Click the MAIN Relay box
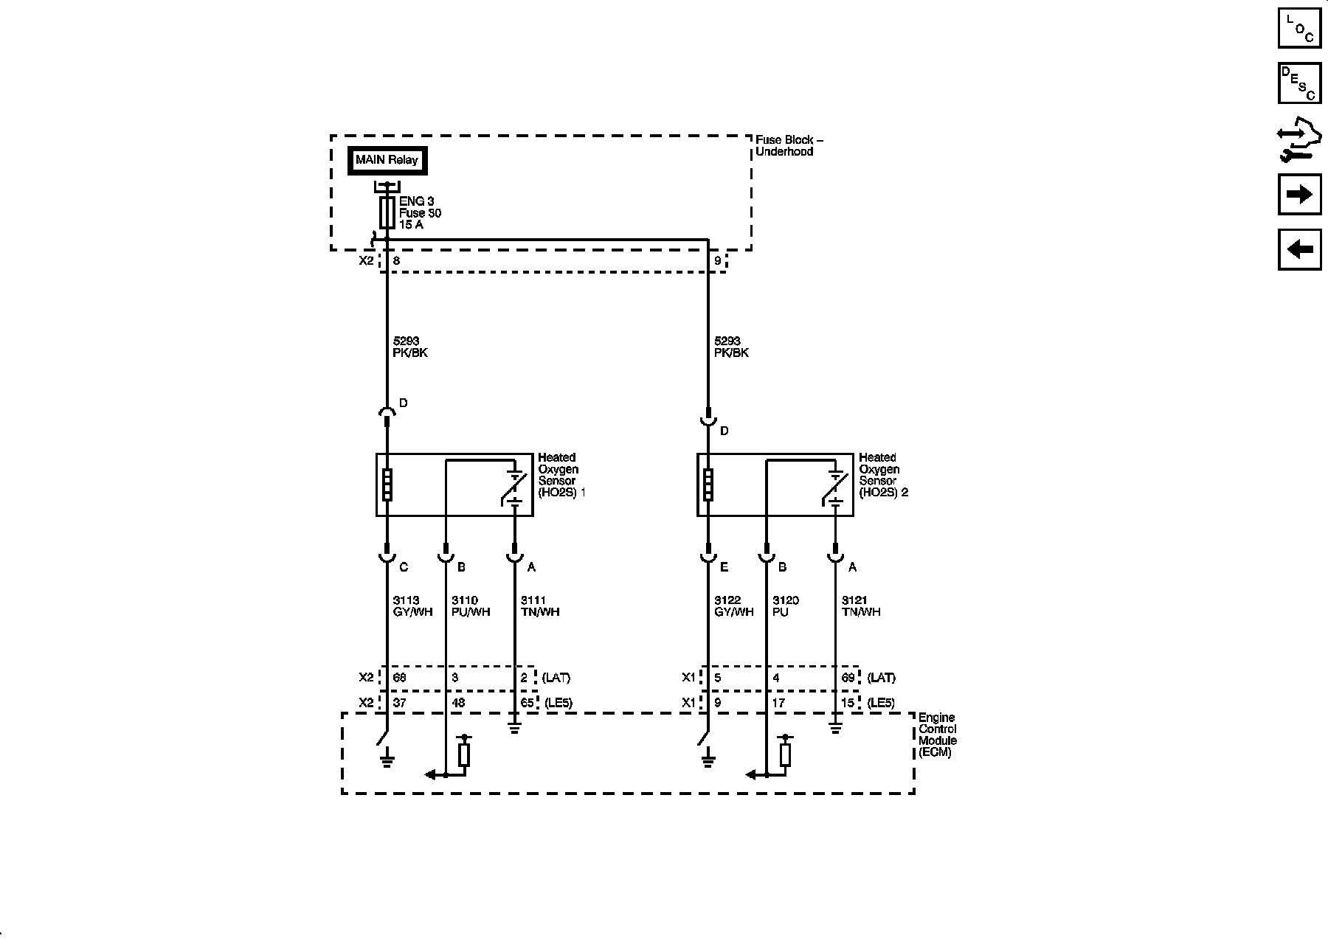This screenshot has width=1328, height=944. (x=387, y=160)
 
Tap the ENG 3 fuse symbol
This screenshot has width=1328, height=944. (x=386, y=212)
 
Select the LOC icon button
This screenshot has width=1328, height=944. (x=1299, y=27)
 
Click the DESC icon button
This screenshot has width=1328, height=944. (x=1299, y=83)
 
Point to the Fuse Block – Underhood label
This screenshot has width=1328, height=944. (x=788, y=145)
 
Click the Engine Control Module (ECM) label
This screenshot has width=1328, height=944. (x=937, y=735)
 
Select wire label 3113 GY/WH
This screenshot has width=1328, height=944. (x=412, y=606)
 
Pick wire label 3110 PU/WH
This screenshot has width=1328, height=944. (x=471, y=606)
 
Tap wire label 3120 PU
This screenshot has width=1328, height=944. (x=785, y=606)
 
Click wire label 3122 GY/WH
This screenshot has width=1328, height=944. (x=733, y=606)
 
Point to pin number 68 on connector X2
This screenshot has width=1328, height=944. (x=399, y=678)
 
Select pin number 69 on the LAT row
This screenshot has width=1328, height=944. (x=848, y=678)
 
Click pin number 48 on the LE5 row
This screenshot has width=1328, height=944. (x=458, y=703)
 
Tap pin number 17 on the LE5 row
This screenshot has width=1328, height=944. (x=778, y=703)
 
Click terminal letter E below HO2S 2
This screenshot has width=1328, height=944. (x=724, y=567)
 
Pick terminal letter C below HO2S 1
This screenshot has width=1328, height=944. (x=403, y=567)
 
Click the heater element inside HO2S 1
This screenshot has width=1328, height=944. (x=386, y=485)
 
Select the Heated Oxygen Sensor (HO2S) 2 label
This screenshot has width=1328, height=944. (x=882, y=475)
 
